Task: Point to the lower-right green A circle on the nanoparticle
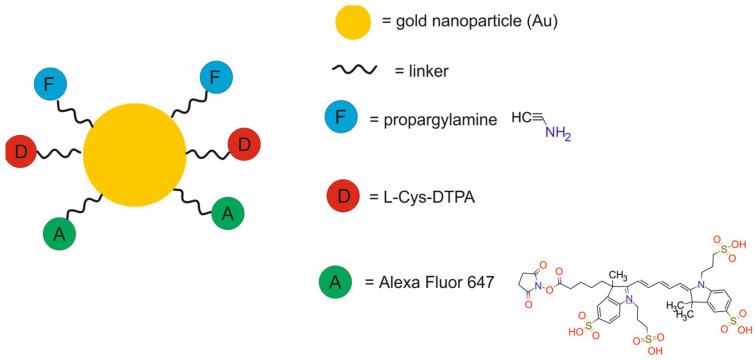click(x=228, y=213)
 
